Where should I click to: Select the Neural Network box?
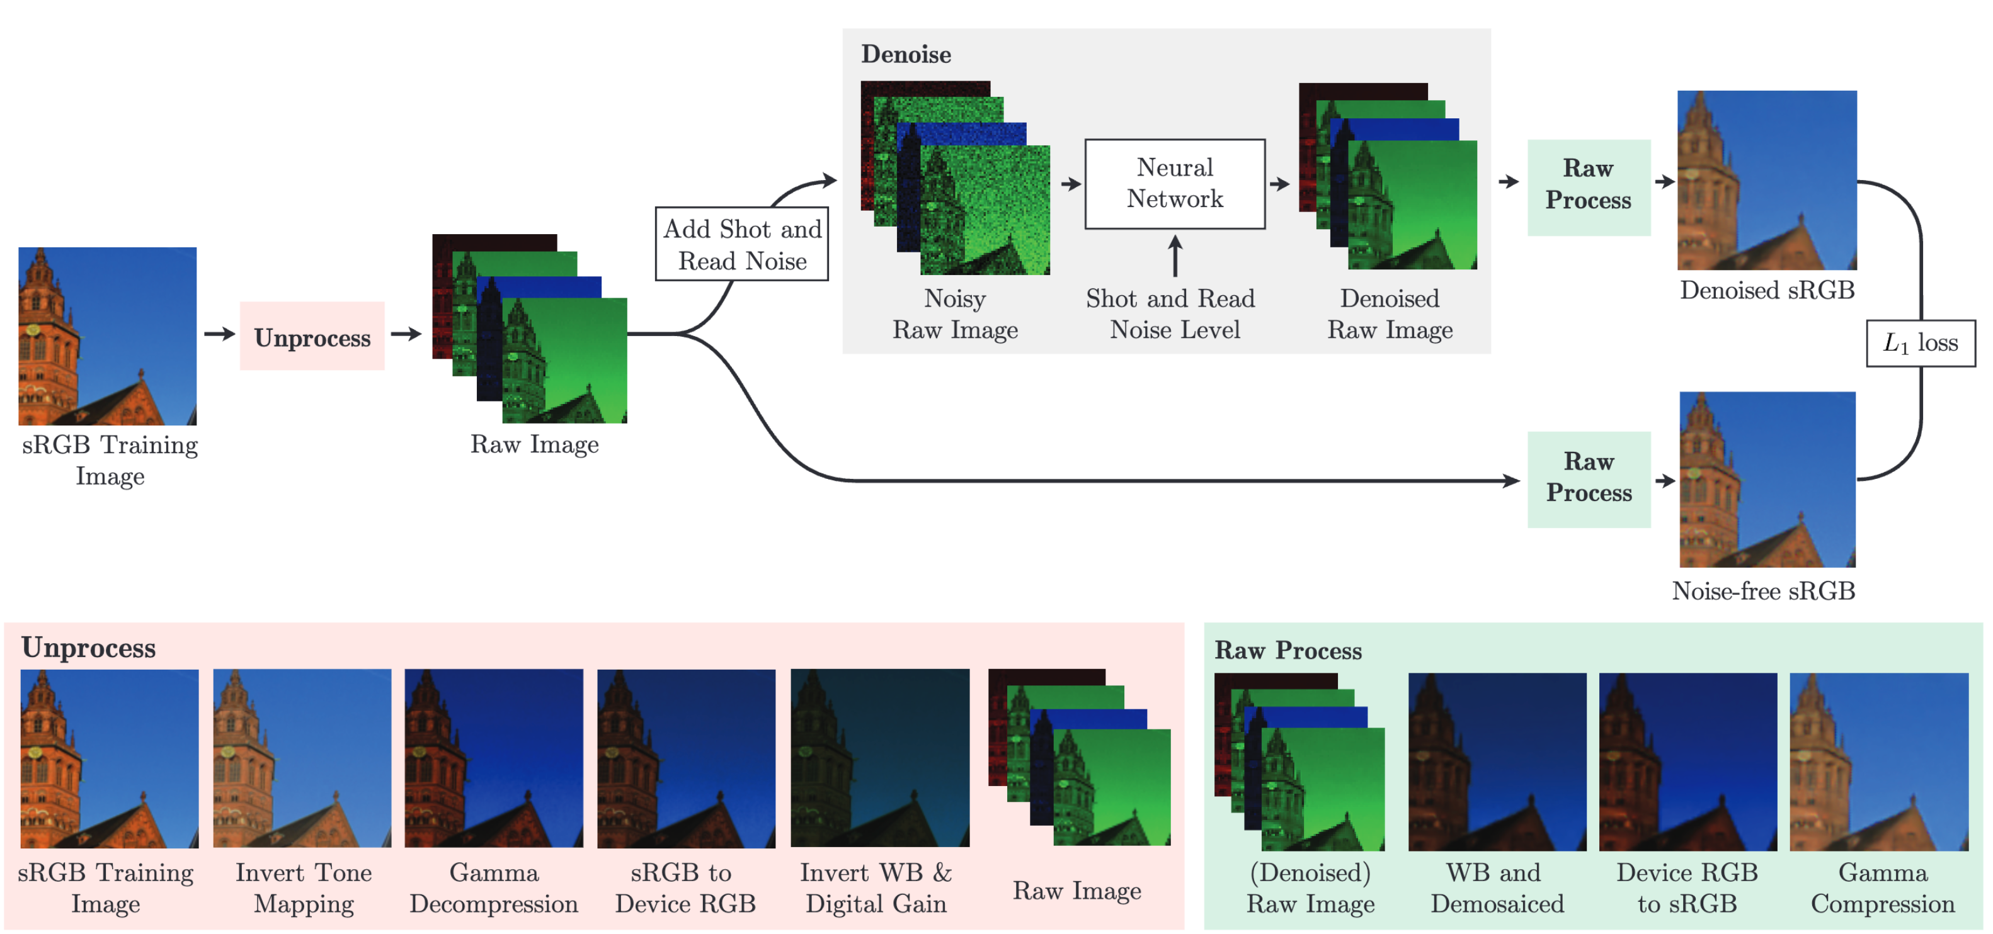[1174, 184]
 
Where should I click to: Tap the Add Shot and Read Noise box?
[741, 244]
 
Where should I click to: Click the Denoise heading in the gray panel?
[905, 54]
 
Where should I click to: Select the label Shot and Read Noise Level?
[1170, 314]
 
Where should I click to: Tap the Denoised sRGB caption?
[1766, 291]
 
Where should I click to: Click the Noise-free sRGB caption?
[1762, 591]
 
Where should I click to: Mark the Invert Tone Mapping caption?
[303, 887]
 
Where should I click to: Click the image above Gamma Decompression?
[494, 758]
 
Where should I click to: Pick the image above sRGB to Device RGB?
[685, 758]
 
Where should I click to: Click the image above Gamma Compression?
[1878, 761]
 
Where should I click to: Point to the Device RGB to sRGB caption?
[1687, 887]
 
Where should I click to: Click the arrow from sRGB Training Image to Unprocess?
[219, 334]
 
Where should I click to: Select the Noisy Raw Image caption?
[955, 314]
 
